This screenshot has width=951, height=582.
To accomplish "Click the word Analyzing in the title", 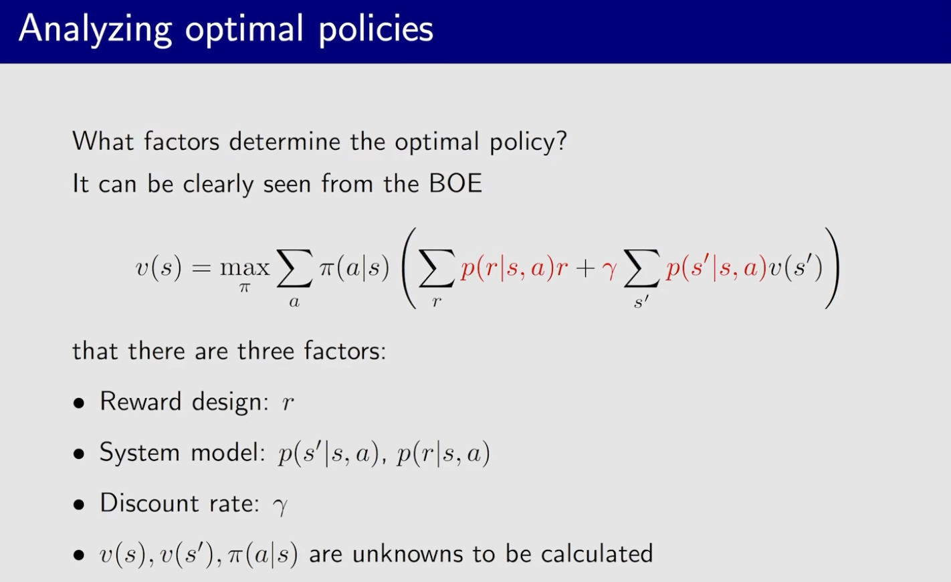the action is (95, 29).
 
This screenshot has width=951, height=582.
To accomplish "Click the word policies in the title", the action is (376, 29).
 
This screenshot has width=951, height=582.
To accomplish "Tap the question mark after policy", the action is (560, 140).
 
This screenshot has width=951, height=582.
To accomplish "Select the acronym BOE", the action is (455, 183).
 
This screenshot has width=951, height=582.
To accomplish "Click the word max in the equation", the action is (245, 268).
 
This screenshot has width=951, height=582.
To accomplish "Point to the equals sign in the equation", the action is (201, 268).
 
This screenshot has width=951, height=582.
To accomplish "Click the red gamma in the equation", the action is (609, 270).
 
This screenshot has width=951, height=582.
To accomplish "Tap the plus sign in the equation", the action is (585, 268).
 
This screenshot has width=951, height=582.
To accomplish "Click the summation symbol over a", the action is (294, 268).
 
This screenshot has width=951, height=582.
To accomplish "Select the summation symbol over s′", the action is (641, 268).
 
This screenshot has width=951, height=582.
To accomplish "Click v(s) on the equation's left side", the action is (158, 268).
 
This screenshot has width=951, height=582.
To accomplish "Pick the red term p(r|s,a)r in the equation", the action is (514, 268).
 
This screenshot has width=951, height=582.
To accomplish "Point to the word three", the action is (266, 351).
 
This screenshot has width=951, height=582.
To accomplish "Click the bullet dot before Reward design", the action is (78, 403).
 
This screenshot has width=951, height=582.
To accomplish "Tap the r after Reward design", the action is (288, 403).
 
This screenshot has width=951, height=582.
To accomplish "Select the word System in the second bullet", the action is (140, 452).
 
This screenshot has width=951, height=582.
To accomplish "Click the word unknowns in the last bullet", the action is (407, 553).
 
